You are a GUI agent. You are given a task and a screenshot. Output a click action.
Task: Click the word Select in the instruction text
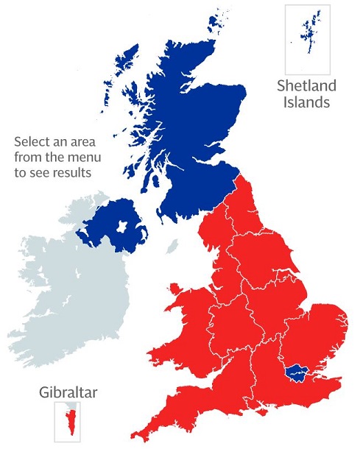click(x=32, y=141)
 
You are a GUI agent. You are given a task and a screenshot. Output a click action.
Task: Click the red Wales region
click(x=191, y=324)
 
